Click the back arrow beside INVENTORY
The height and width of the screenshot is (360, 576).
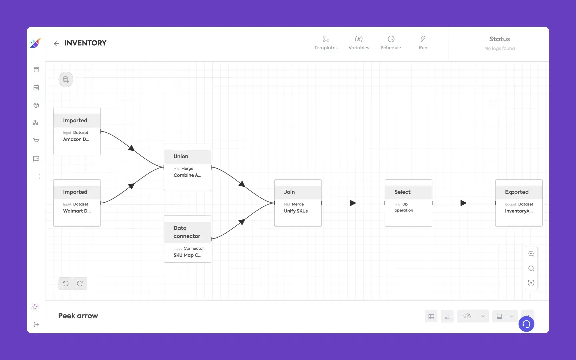click(56, 43)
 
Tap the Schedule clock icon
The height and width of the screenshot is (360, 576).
click(391, 39)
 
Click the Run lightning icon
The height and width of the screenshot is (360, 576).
click(423, 39)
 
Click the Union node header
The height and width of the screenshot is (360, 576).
click(187, 156)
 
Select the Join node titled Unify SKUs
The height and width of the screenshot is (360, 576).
click(298, 203)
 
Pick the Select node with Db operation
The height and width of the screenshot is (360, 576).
click(408, 203)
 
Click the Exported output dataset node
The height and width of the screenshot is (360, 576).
click(519, 203)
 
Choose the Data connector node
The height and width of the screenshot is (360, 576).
click(187, 239)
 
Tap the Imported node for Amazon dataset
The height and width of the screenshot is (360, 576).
click(77, 131)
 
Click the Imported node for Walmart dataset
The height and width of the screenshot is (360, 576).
click(77, 203)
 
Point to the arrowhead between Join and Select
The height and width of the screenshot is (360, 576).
click(353, 203)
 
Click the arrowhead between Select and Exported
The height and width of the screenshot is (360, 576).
click(463, 203)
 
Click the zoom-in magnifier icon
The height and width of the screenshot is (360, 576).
click(531, 254)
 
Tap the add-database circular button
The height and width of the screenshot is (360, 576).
click(66, 80)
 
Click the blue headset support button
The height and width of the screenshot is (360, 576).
click(526, 324)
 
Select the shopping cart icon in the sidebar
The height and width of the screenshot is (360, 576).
click(36, 141)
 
